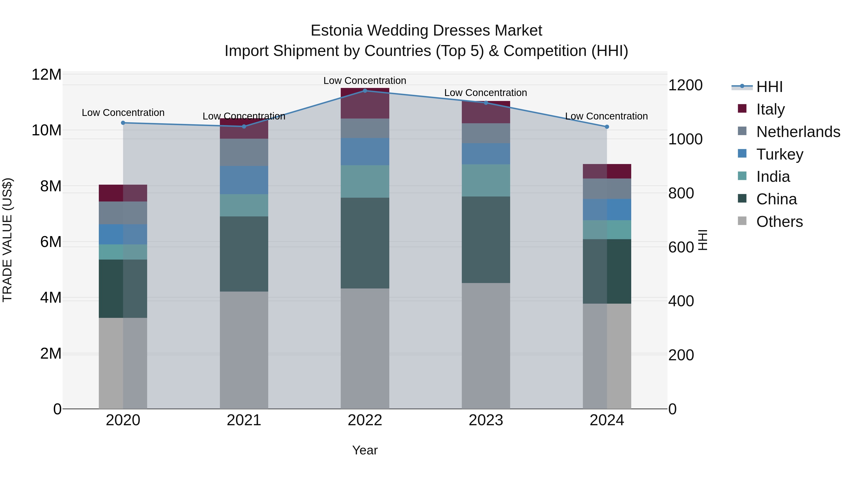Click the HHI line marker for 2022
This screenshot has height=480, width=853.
point(365,91)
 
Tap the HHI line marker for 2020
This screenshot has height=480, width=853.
point(123,123)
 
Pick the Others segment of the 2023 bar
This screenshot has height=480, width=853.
point(486,346)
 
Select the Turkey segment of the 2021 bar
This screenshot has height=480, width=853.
point(244,180)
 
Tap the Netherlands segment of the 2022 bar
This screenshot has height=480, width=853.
point(365,128)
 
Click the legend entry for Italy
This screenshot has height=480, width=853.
point(770,109)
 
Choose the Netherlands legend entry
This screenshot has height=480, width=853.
point(798,132)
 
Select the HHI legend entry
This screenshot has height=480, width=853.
point(769,87)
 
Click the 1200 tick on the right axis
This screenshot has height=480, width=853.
point(685,85)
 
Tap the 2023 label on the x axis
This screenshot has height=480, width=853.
point(486,420)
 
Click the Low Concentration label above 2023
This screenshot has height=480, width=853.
point(485,93)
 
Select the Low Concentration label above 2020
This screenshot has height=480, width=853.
point(123,113)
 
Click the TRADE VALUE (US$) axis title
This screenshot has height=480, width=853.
point(7,240)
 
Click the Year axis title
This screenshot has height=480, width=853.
point(365,450)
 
